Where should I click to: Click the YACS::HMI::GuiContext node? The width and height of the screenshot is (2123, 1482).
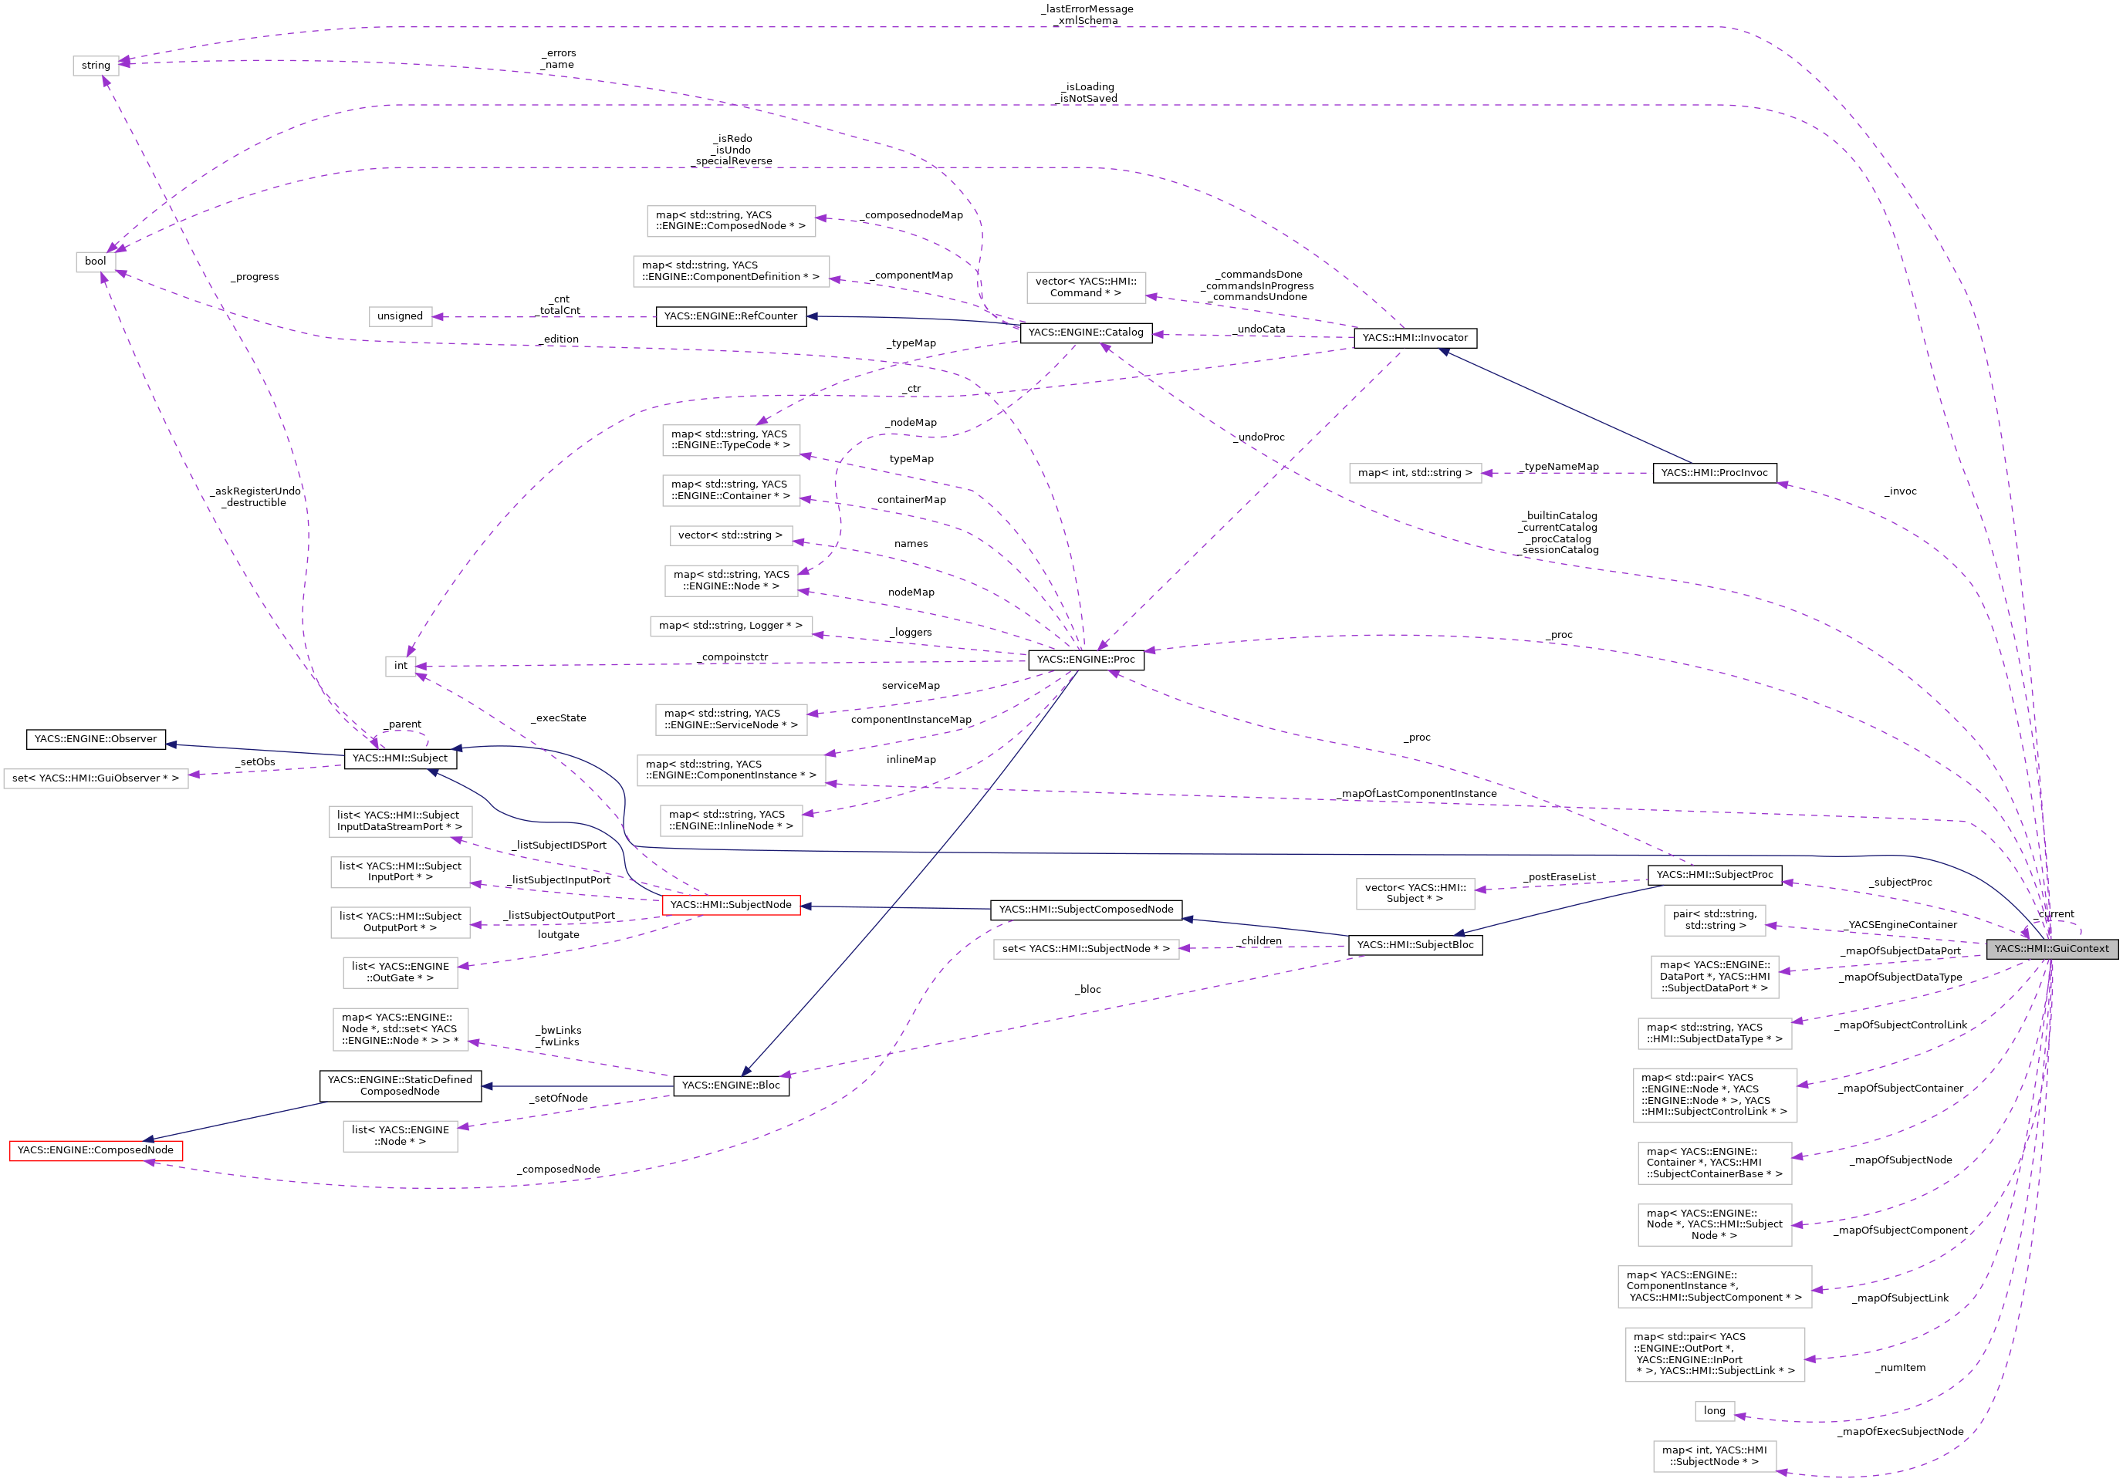pos(2051,949)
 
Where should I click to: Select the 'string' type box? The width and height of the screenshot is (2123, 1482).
pos(96,66)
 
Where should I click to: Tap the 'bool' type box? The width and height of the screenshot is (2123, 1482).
pos(95,262)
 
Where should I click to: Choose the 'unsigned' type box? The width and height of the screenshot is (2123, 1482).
pos(400,316)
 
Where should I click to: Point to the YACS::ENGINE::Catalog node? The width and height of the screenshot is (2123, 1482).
pos(1086,333)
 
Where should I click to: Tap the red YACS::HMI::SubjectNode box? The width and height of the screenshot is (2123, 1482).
pos(731,905)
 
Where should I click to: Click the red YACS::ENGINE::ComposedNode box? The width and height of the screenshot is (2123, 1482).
pos(95,1150)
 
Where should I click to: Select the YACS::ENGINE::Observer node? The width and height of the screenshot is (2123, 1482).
pos(95,740)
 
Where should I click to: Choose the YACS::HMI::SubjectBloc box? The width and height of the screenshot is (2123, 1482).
pos(1415,945)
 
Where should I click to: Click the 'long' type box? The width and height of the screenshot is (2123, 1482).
pos(1714,1411)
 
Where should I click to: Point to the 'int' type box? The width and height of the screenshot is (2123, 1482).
pos(401,666)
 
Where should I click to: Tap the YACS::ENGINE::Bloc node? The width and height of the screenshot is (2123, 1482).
pos(731,1085)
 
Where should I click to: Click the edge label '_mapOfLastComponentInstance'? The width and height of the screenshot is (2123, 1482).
pos(1418,794)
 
